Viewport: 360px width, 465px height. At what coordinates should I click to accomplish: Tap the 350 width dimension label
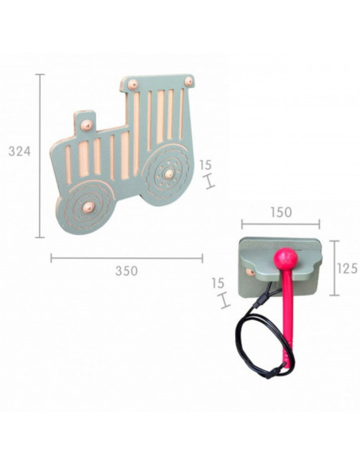[x=126, y=272]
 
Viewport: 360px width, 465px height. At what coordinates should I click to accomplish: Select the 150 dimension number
[x=280, y=213]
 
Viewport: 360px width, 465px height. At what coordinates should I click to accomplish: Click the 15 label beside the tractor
[x=205, y=166]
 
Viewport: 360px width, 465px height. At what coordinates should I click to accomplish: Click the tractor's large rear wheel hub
[x=168, y=172]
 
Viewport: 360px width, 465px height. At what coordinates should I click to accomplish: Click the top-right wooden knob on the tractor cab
[x=188, y=80]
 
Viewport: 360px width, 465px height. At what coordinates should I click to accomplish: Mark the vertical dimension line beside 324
[x=40, y=155]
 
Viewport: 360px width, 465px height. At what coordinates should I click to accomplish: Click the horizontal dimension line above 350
[x=126, y=256]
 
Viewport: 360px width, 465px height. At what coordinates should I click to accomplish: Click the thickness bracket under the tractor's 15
[x=209, y=182]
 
